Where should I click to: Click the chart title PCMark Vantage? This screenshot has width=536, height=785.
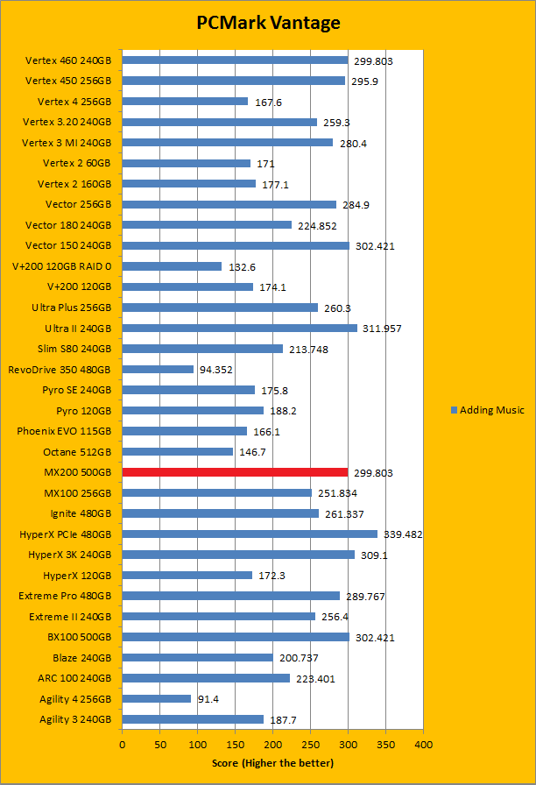tap(268, 23)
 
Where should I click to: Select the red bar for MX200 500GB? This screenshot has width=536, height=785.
tap(235, 472)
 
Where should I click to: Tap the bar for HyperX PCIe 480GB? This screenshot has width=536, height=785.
tap(250, 534)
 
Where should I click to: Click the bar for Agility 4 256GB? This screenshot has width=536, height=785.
tap(156, 698)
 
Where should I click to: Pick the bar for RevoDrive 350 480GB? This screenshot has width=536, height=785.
tap(158, 369)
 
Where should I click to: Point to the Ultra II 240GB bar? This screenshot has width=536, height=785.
tap(239, 328)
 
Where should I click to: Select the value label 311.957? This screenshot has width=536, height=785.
tap(383, 329)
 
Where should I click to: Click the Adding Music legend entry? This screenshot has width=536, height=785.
tap(487, 410)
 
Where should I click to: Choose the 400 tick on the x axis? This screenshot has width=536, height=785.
tap(423, 744)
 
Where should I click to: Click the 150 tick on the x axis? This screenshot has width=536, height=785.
tap(235, 744)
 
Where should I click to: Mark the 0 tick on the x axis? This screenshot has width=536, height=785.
tap(122, 744)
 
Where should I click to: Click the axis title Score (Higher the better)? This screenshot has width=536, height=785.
tap(272, 763)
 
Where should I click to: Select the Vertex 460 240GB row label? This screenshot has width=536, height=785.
tap(68, 60)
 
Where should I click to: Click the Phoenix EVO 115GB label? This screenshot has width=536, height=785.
tap(64, 431)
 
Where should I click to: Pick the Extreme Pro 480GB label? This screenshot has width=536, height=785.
tap(65, 596)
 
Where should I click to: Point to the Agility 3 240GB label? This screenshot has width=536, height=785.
tap(75, 719)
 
